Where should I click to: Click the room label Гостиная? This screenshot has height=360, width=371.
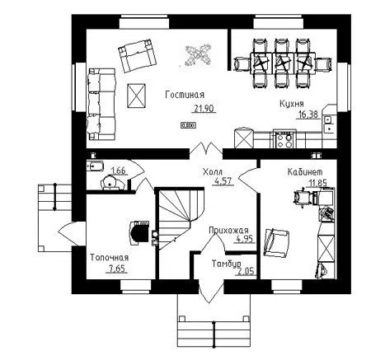pyautogui.click(x=185, y=95)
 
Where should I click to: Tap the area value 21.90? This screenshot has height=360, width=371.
pyautogui.click(x=204, y=109)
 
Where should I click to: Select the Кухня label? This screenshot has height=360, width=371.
pyautogui.click(x=292, y=104)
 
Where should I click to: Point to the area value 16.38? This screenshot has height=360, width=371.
pyautogui.click(x=308, y=115)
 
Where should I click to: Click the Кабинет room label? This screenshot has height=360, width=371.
pyautogui.click(x=305, y=172)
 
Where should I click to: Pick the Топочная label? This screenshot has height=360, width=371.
pyautogui.click(x=110, y=258)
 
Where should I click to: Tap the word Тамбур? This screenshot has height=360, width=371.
pyautogui.click(x=227, y=264)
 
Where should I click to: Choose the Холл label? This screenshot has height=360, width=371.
pyautogui.click(x=213, y=172)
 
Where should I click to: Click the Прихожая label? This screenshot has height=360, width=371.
pyautogui.click(x=228, y=230)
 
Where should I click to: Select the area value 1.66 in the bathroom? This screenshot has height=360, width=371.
pyautogui.click(x=118, y=171)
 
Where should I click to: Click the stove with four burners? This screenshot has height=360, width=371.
pyautogui.click(x=284, y=139)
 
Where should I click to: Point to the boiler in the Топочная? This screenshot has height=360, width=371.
pyautogui.click(x=139, y=233)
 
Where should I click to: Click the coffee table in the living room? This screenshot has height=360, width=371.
pyautogui.click(x=136, y=96)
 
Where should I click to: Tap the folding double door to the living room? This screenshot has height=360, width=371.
pyautogui.click(x=206, y=148)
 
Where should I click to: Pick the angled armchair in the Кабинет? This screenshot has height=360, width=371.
pyautogui.click(x=277, y=243)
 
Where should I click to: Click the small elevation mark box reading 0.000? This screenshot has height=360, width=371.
pyautogui.click(x=188, y=125)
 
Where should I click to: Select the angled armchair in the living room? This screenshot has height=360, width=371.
pyautogui.click(x=137, y=55)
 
